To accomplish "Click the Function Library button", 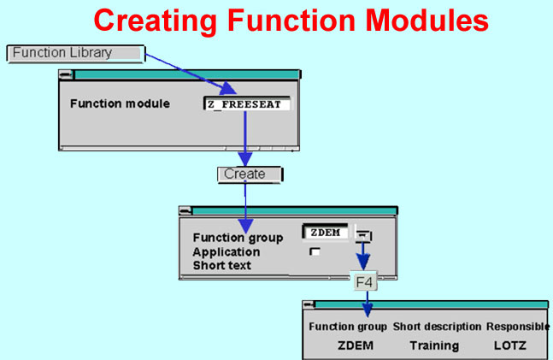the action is coord(76,54).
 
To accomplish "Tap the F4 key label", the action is coord(364,281).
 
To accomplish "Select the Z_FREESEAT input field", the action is coord(248,104).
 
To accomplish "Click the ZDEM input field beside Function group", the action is coord(325,233).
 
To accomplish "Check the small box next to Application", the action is coord(315,251).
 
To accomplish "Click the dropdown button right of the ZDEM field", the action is coord(363,236).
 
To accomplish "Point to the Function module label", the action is coord(120,103).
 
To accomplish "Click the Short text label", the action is coord(222,265).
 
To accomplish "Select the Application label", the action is coord(226,252).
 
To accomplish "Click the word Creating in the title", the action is coord(156,21).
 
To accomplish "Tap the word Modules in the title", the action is coord(427,21).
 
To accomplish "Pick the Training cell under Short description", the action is coord(434,345).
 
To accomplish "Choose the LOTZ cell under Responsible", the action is coord(510,345).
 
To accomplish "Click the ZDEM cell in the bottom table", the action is coord(356,345).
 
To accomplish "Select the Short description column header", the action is coord(437,327).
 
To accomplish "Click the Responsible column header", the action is coord(518,327).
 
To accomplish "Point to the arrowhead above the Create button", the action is coord(245,159).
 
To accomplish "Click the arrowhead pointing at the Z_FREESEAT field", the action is coord(227,88).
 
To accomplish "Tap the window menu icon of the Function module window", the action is coord(66,75).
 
